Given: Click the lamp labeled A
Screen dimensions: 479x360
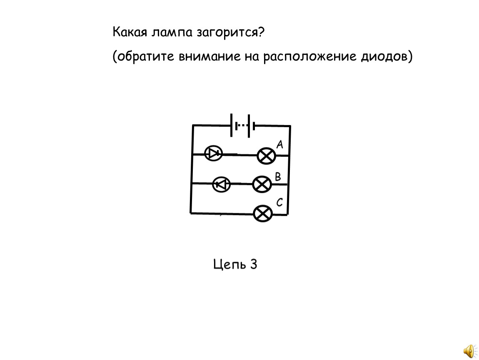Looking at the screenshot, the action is pyautogui.click(x=267, y=156).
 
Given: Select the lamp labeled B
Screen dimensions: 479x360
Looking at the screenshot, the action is pyautogui.click(x=262, y=184).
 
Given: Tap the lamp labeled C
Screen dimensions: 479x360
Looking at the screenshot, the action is pyautogui.click(x=263, y=213).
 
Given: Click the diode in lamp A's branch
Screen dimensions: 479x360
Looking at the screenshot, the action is pyautogui.click(x=213, y=153).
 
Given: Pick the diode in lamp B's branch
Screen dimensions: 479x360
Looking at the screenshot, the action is pyautogui.click(x=221, y=185).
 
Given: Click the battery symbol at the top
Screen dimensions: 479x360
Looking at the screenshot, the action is pyautogui.click(x=242, y=125).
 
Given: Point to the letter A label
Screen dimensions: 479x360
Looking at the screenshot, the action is pyautogui.click(x=280, y=144).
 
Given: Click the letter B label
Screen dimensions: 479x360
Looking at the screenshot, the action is pyautogui.click(x=278, y=177).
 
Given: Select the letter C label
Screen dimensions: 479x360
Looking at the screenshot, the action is pyautogui.click(x=279, y=202).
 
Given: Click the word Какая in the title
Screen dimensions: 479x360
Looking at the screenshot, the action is pyautogui.click(x=130, y=32).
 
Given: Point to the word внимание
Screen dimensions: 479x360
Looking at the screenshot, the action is pyautogui.click(x=209, y=57).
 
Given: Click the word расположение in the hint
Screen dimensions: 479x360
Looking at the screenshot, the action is pyautogui.click(x=310, y=57).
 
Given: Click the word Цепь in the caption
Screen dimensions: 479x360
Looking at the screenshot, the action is pyautogui.click(x=230, y=264).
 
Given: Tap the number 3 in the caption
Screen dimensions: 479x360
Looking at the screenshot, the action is pyautogui.click(x=254, y=264).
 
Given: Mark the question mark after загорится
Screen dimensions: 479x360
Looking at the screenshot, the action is pyautogui.click(x=261, y=32).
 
